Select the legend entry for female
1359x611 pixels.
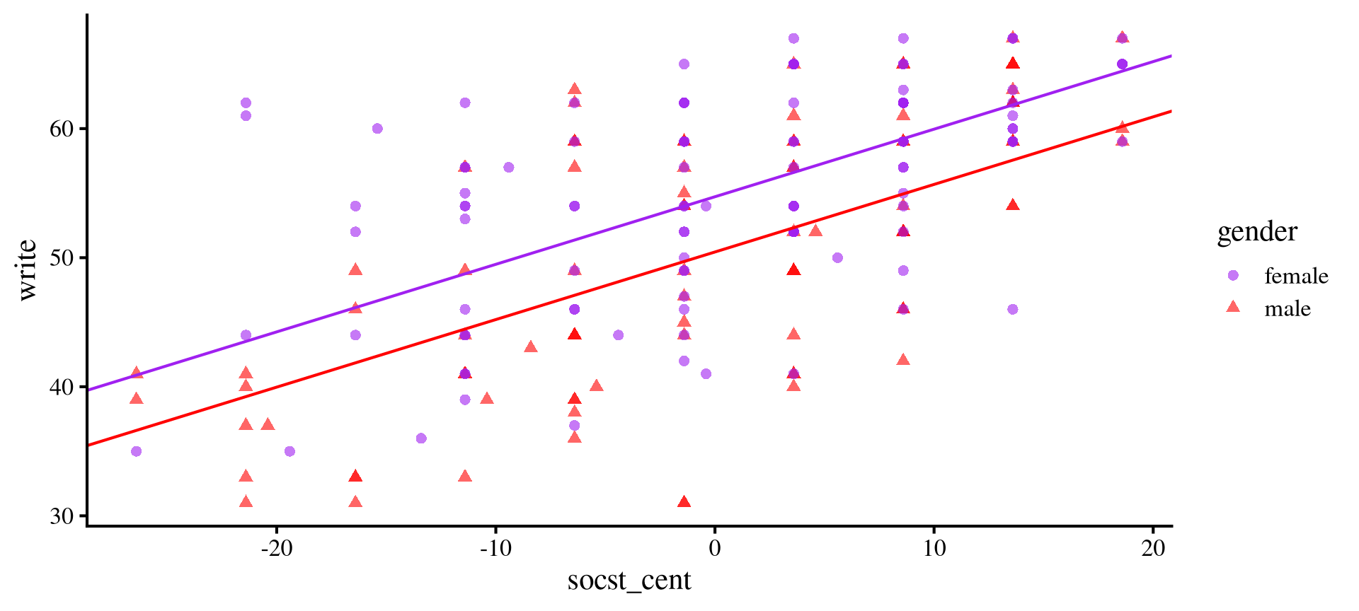click(1295, 276)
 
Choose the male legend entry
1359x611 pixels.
click(1287, 308)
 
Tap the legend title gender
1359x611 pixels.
click(1257, 232)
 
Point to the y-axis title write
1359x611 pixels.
click(27, 270)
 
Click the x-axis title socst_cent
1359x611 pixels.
click(629, 581)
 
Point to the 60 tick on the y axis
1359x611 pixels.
click(62, 129)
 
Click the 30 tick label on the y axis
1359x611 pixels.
click(62, 516)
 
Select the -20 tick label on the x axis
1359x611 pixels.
click(276, 548)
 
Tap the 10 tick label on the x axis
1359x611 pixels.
click(934, 548)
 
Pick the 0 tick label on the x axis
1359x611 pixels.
click(715, 548)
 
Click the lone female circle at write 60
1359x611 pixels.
click(377, 129)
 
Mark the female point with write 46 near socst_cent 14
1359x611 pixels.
click(1012, 309)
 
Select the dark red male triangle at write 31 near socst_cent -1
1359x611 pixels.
click(684, 502)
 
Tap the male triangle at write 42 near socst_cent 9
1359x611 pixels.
click(903, 360)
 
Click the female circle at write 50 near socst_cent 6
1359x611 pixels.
click(837, 257)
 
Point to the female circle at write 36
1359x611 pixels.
click(421, 438)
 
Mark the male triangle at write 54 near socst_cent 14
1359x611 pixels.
click(1013, 205)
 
